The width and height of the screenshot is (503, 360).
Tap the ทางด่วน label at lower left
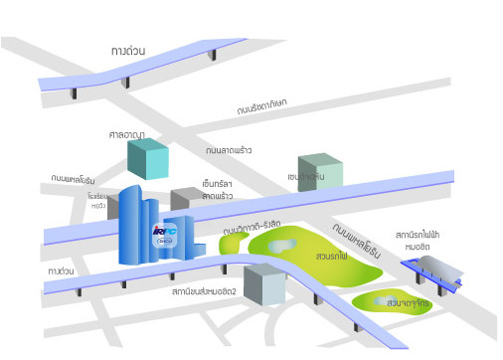pyautogui.click(x=62, y=270)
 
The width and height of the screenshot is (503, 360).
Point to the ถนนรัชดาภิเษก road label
pyautogui.click(x=262, y=105)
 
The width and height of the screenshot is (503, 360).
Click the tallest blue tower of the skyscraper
pyautogui.click(x=131, y=225)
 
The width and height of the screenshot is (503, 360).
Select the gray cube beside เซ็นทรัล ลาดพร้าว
pyautogui.click(x=185, y=204)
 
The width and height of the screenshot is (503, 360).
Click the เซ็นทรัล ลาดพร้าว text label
pyautogui.click(x=217, y=190)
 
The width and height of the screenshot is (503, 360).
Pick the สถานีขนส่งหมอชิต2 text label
pyautogui.click(x=205, y=293)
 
